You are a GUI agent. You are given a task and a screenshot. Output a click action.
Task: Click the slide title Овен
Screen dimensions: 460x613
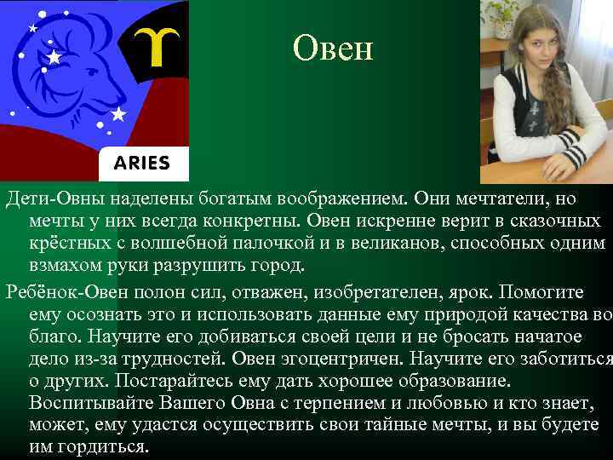[x=333, y=49]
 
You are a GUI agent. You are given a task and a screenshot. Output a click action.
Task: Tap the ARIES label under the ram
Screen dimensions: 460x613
[x=136, y=163]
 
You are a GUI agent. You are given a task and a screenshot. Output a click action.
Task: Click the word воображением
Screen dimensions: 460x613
[x=344, y=198]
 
